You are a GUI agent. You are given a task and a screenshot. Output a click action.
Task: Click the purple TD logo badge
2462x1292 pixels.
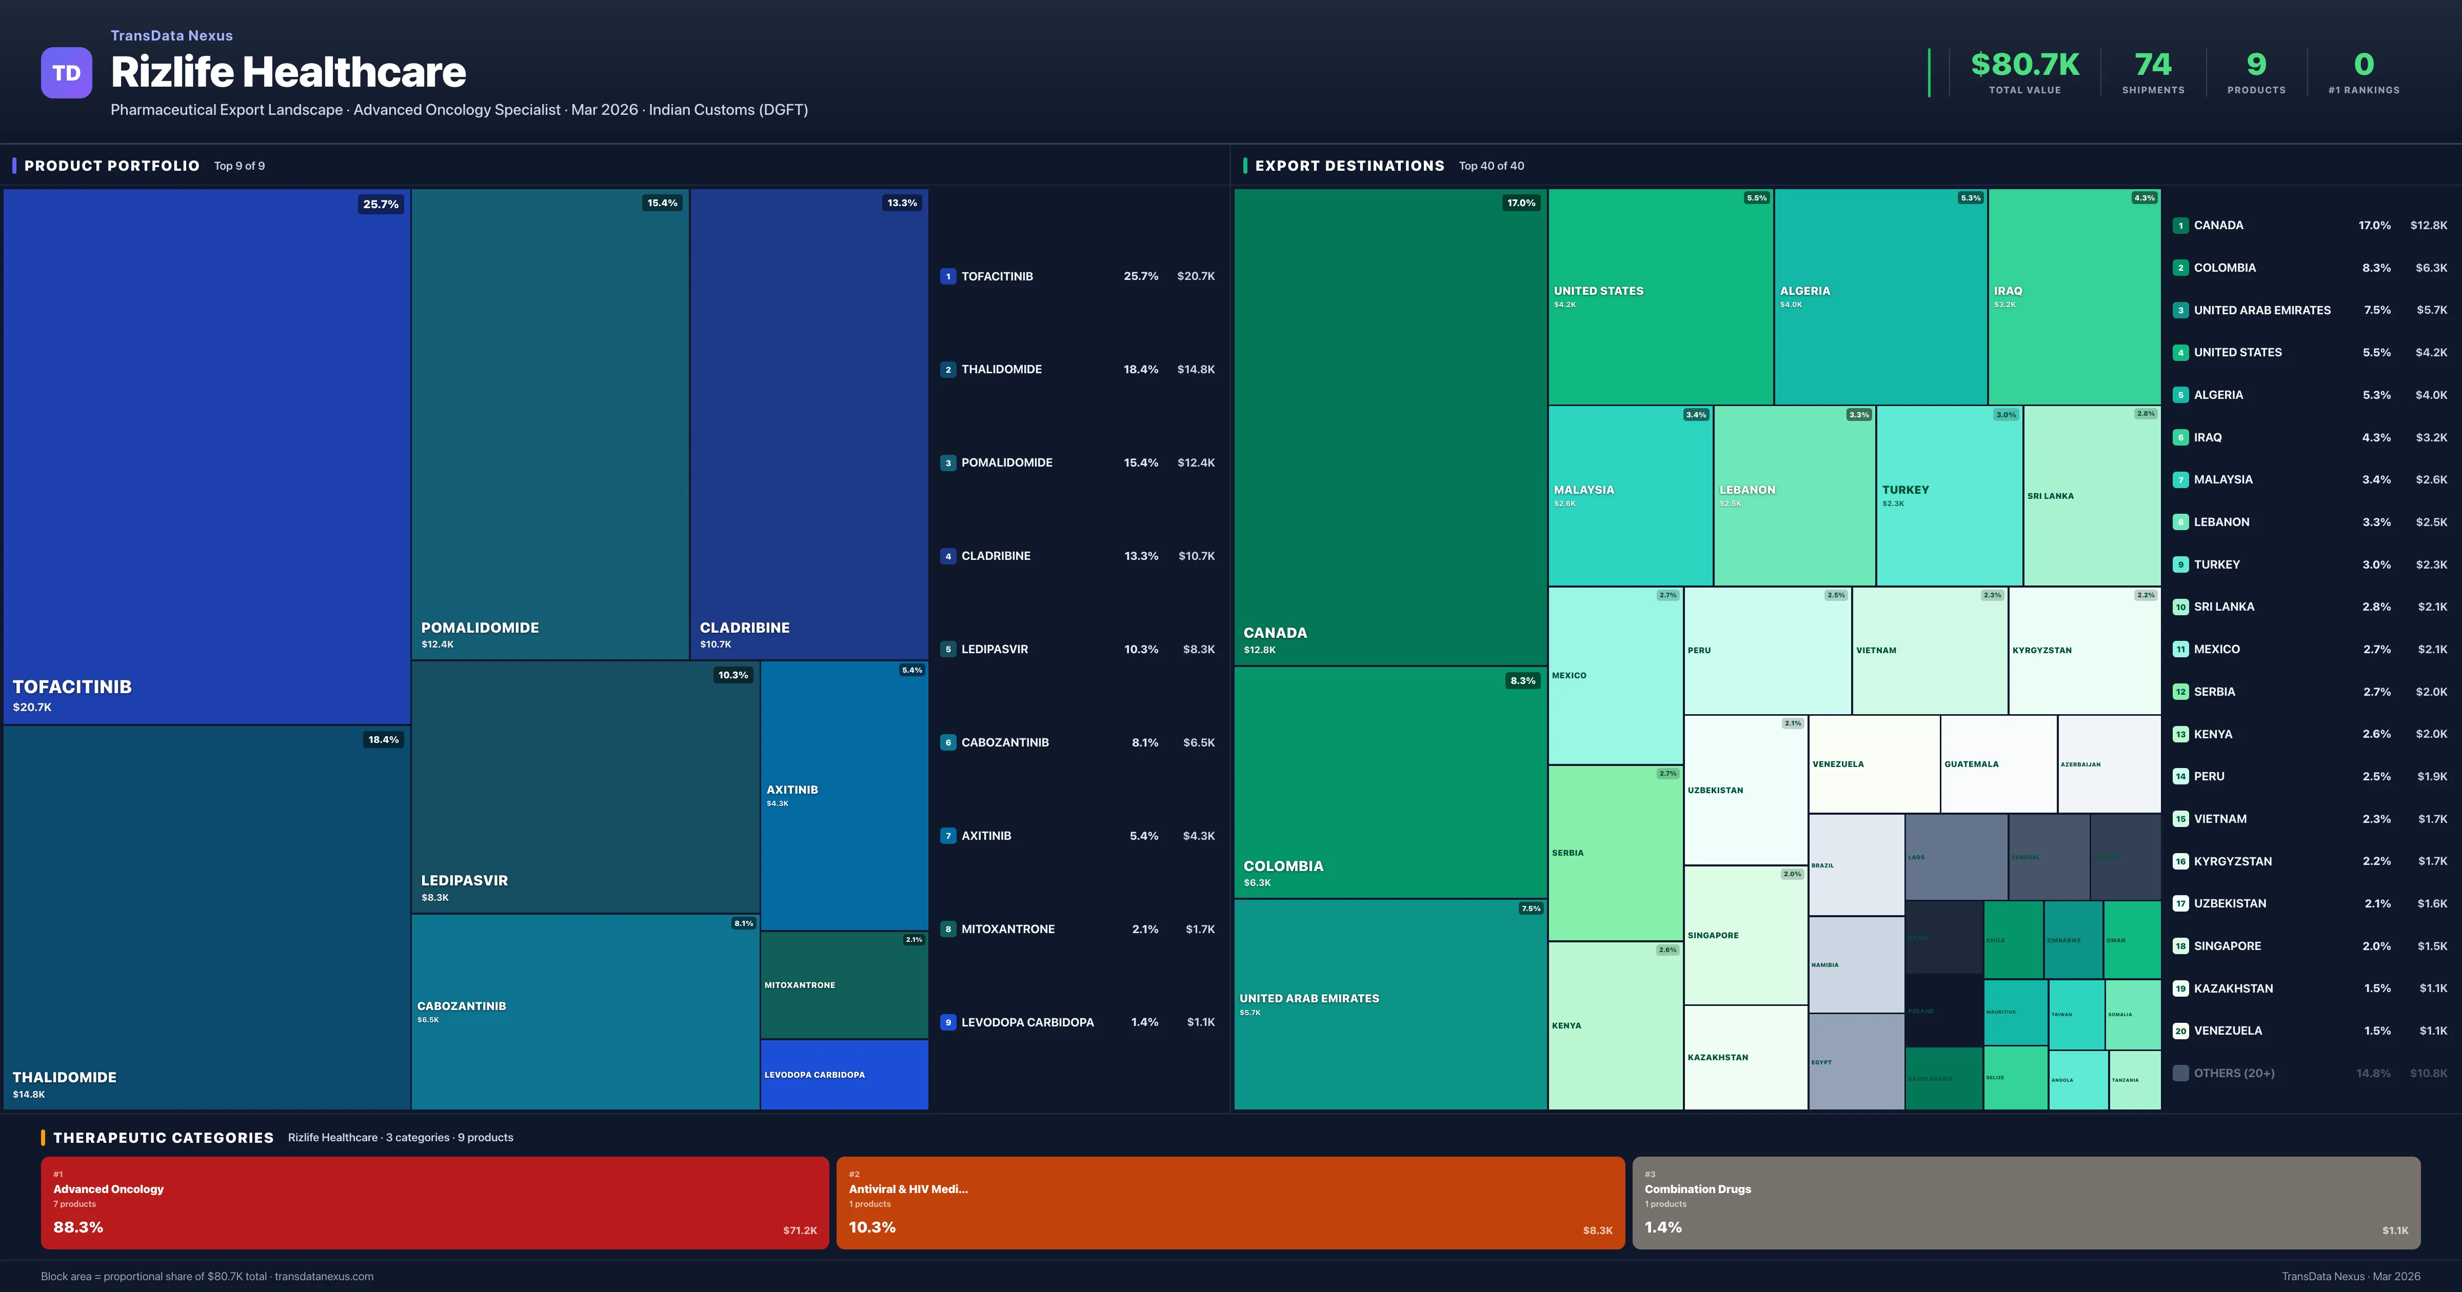(66, 73)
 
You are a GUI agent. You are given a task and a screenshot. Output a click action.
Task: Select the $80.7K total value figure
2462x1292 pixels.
(2024, 64)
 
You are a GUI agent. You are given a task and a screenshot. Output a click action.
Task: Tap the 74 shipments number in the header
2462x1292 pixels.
(2152, 64)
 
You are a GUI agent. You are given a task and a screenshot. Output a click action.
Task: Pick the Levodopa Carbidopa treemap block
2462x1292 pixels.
(844, 1074)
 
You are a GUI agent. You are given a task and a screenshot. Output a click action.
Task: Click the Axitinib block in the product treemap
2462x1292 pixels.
(844, 795)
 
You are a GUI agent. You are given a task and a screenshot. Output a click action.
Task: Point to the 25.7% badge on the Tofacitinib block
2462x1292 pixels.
(381, 204)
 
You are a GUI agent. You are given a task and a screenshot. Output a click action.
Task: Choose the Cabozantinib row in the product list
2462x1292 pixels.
(1077, 742)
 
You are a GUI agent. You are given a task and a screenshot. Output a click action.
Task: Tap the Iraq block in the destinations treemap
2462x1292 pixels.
(2073, 296)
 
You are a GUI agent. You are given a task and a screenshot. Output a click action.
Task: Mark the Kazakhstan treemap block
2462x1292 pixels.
(1744, 1057)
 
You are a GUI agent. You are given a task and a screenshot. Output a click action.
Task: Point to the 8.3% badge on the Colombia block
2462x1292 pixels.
(1521, 680)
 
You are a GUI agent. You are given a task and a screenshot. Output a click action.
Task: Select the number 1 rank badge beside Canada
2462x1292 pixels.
(2180, 226)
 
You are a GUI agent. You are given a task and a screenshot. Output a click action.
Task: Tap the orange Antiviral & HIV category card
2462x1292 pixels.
(1230, 1202)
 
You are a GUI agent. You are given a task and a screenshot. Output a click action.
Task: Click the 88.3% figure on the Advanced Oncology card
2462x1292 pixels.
(78, 1227)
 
